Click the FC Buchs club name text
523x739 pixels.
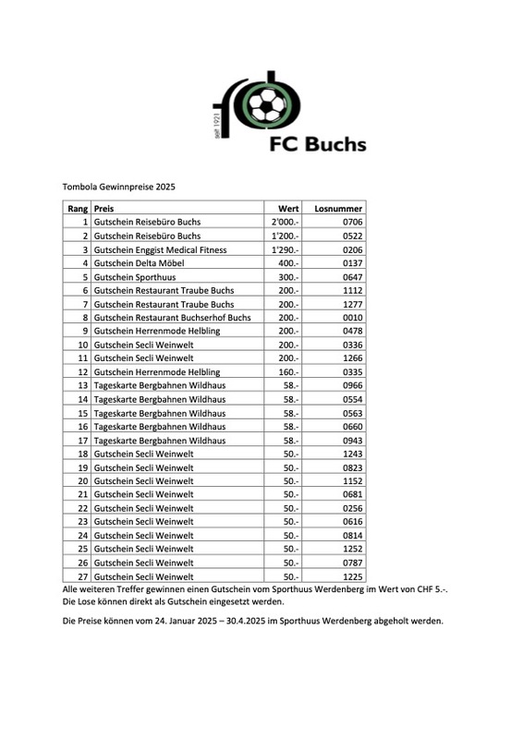(x=317, y=144)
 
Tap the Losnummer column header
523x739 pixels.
(x=339, y=209)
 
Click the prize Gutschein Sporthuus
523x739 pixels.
(x=135, y=277)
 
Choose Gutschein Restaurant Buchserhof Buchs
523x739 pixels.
(x=172, y=317)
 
